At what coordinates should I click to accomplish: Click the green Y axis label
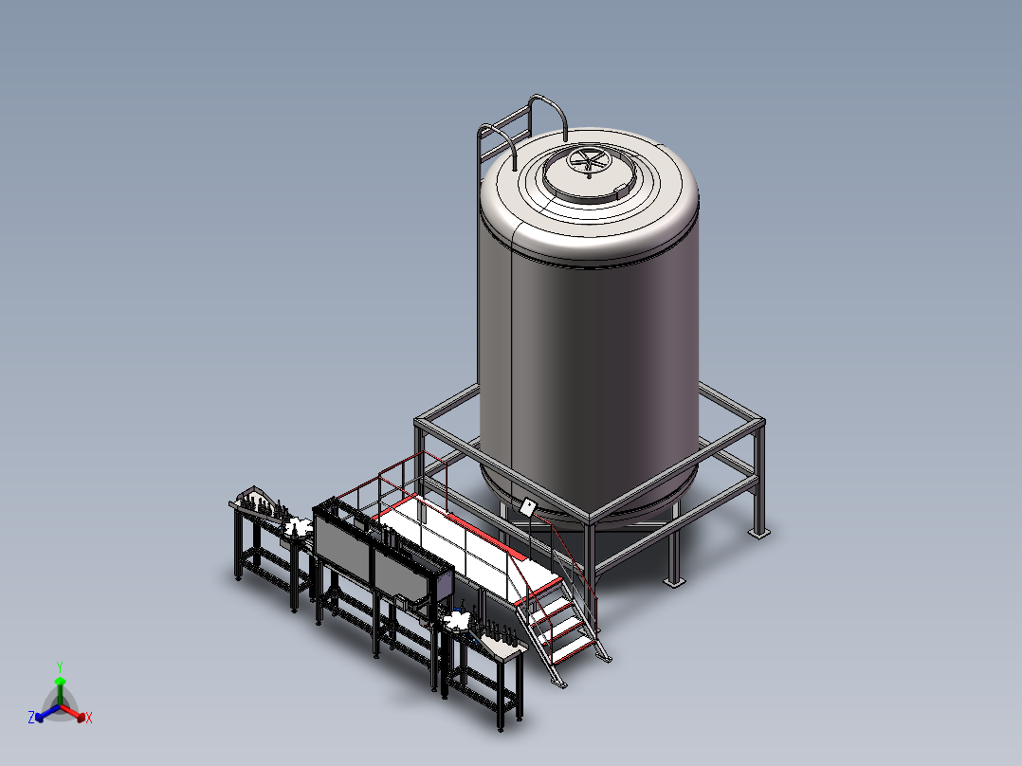click(x=60, y=667)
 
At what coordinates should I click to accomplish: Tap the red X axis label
click(x=89, y=718)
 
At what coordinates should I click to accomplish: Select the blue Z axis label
click(x=31, y=717)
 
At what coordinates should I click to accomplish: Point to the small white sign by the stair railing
click(x=527, y=506)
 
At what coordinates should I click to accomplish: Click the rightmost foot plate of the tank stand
click(x=758, y=534)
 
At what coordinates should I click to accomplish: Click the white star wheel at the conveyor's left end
click(x=298, y=525)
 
